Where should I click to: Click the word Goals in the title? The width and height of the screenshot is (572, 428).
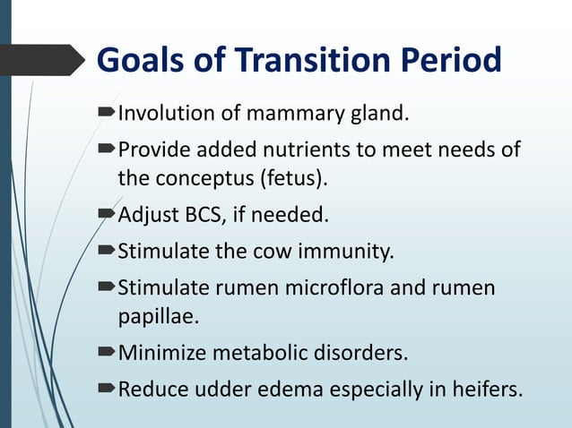(x=140, y=61)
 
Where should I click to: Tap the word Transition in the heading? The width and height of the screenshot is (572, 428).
(x=297, y=61)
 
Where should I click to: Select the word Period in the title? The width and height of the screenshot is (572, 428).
(x=449, y=61)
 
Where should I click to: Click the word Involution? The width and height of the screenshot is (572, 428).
(x=162, y=114)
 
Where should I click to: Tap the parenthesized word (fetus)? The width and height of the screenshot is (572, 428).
(x=293, y=178)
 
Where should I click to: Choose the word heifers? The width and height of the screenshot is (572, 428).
(x=483, y=389)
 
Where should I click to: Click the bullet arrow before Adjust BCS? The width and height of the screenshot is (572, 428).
(x=106, y=215)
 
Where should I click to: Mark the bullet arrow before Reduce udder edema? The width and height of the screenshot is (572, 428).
(x=106, y=389)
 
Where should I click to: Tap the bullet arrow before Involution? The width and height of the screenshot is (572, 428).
(x=106, y=114)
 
